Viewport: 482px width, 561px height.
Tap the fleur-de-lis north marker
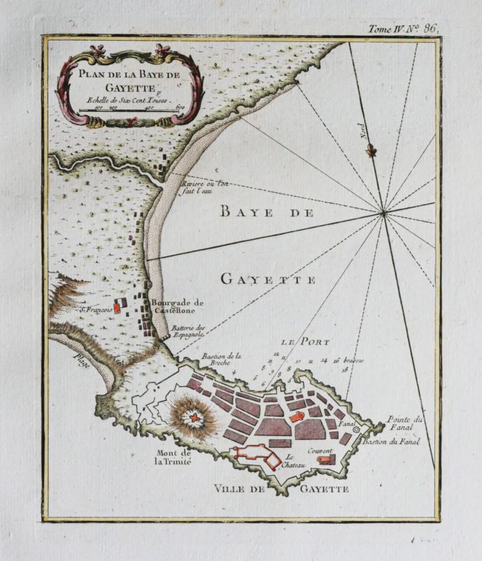click(373, 149)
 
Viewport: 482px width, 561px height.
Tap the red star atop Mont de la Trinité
click(192, 417)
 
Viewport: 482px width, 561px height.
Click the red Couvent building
click(324, 459)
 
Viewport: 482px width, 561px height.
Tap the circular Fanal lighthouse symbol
click(357, 429)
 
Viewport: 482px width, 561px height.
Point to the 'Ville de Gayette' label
click(281, 488)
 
